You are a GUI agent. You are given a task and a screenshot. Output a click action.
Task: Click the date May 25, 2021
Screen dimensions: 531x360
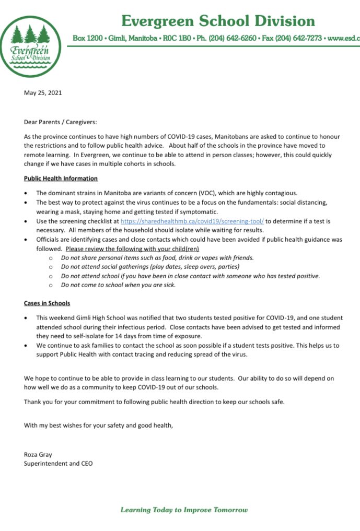43,93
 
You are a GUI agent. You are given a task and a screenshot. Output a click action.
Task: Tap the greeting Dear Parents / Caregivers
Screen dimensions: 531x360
61,122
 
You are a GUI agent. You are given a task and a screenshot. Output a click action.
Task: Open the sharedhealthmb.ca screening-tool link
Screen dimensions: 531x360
192,221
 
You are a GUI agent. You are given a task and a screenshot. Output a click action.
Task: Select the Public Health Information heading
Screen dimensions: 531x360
61,179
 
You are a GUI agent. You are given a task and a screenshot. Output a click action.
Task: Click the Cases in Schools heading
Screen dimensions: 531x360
47,303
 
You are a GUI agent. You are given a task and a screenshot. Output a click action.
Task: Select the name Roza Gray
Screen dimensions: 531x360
38,455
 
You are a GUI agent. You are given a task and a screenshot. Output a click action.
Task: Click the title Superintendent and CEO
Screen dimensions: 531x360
59,463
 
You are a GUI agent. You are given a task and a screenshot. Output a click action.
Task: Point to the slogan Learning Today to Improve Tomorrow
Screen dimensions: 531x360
184,510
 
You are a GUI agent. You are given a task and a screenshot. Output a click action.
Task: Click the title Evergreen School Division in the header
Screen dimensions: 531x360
218,21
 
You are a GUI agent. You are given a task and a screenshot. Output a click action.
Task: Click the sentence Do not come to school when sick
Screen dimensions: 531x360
119,285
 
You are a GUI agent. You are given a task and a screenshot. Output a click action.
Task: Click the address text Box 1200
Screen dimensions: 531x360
87,39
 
